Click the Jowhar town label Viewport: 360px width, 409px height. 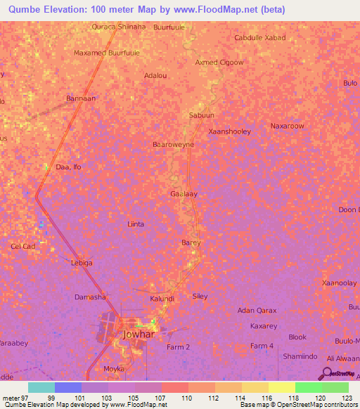click(138, 335)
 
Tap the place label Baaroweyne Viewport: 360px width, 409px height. click(173, 144)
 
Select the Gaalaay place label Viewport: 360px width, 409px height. click(184, 193)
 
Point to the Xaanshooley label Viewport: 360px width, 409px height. click(230, 131)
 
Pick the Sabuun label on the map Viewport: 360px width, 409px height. click(201, 115)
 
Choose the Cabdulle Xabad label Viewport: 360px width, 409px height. click(260, 37)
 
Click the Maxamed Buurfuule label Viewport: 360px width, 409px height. click(107, 53)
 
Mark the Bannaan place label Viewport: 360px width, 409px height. click(79, 98)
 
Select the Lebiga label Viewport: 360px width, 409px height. click(82, 263)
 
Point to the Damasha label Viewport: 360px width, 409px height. click(90, 297)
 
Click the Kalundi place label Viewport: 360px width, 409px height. click(162, 299)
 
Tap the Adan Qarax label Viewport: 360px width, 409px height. click(257, 310)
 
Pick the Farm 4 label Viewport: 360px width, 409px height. click(262, 346)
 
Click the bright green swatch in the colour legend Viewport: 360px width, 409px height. click(308, 387)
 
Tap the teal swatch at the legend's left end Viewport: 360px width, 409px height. click(41, 387)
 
